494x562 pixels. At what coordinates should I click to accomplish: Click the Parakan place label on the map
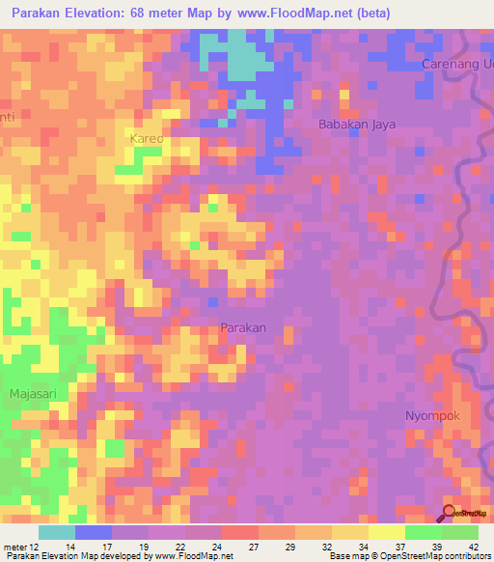pos(243,327)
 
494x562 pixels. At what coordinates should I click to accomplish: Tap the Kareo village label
pos(147,139)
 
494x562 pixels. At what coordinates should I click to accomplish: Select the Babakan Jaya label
pos(354,124)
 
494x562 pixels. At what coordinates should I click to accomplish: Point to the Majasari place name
pos(34,394)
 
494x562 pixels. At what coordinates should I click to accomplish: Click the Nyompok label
pos(431,415)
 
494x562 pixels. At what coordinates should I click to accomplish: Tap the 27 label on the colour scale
pos(253,547)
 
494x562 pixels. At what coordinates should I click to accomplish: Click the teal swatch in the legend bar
pos(57,532)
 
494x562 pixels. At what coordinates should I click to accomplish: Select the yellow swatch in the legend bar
pos(387,532)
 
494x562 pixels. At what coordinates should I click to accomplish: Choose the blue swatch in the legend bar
pos(94,532)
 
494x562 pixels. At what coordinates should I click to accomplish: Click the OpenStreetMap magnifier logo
pos(450,513)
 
